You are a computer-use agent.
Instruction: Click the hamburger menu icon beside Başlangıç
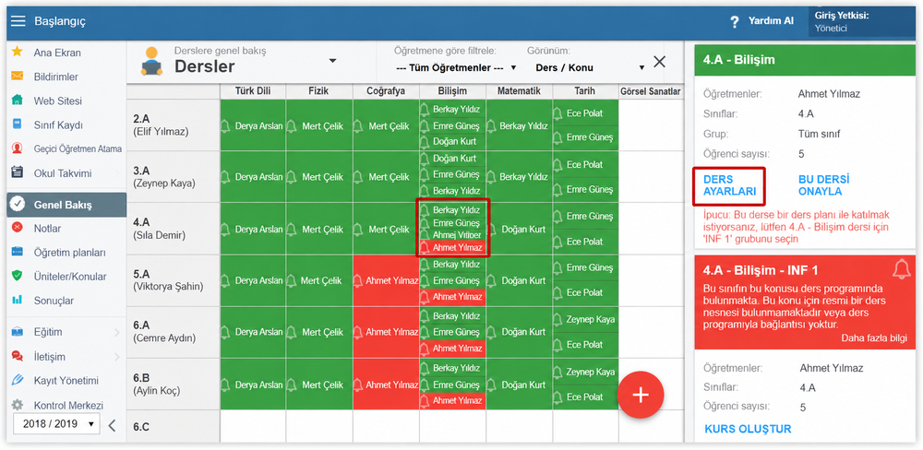click(18, 22)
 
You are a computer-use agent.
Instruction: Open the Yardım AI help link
click(762, 21)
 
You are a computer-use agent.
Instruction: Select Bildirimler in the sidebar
click(56, 77)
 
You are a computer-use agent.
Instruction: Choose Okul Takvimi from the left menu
click(63, 173)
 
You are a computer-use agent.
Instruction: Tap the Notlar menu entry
click(47, 229)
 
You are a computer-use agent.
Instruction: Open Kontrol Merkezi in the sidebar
click(68, 406)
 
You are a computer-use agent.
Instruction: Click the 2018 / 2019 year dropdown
click(56, 423)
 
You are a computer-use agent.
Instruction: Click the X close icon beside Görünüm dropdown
click(659, 62)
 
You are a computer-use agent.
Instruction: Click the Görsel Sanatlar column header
click(650, 91)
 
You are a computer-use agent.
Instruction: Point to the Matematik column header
click(519, 91)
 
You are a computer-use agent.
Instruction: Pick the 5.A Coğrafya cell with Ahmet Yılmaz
click(386, 280)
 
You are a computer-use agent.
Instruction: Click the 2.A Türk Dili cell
click(253, 125)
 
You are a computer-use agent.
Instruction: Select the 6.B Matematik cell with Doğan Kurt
click(519, 385)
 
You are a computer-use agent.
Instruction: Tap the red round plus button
click(641, 395)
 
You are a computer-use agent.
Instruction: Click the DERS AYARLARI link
click(729, 185)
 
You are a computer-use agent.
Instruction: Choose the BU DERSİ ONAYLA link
click(823, 185)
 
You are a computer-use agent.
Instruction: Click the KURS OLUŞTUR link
click(748, 429)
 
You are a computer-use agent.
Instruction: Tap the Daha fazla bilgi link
click(873, 338)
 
